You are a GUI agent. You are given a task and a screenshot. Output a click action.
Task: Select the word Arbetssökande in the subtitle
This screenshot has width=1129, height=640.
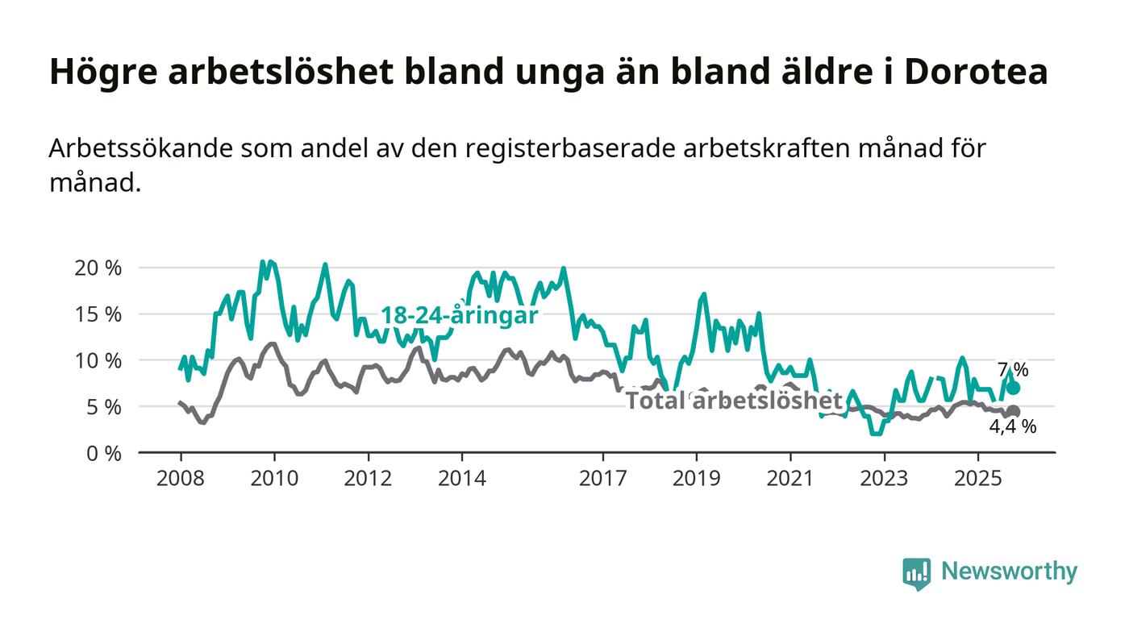pos(142,149)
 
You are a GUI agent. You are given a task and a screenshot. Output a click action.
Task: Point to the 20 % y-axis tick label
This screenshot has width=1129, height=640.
pos(98,268)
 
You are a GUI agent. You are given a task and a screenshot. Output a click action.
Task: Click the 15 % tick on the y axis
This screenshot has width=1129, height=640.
pos(98,314)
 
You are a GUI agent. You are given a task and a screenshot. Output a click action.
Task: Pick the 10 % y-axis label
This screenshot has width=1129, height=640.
pos(98,360)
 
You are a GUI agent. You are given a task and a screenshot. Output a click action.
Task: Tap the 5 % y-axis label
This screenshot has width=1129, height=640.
pos(102,407)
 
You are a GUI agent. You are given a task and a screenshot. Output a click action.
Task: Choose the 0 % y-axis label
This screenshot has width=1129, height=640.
pos(102,453)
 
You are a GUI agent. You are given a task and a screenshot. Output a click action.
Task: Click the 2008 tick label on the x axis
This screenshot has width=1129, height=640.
pos(181,478)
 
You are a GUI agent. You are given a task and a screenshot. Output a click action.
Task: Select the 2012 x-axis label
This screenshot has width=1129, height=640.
pos(368,478)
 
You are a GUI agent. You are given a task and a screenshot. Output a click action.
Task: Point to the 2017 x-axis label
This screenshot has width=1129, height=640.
pos(602,478)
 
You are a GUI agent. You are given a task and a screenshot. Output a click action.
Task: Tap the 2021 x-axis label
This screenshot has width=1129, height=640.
pos(789,478)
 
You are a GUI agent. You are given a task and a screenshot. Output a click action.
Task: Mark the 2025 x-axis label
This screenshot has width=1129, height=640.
pos(977,478)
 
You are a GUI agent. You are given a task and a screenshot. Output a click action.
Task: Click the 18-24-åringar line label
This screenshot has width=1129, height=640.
pos(459,315)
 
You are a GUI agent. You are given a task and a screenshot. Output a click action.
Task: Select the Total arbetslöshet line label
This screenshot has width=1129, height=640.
pos(734,400)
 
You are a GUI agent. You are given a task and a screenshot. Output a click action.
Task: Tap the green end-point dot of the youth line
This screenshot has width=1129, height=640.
pos(1014,388)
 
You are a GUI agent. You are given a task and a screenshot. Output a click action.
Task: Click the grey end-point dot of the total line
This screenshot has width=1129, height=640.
pos(1014,412)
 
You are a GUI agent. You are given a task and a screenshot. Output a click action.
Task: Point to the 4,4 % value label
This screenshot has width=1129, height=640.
pos(1013,427)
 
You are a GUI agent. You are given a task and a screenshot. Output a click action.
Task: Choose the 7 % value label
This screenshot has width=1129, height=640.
pos(1013,370)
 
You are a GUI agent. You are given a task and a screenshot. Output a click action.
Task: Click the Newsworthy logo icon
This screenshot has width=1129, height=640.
pos(916,573)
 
